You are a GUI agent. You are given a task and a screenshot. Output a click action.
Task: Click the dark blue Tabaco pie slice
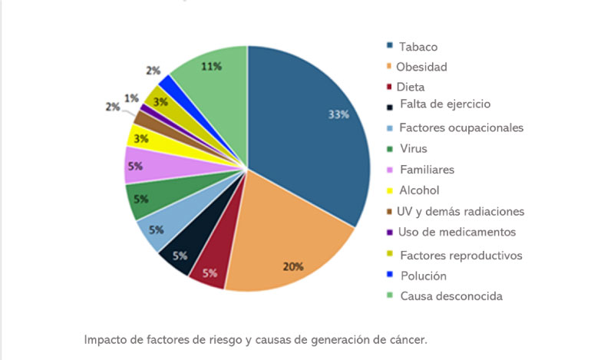tap(307, 130)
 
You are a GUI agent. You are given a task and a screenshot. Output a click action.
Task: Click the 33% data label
tap(338, 115)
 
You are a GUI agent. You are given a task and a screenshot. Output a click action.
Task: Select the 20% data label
tap(292, 266)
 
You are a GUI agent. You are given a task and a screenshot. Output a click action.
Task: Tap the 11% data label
tap(212, 67)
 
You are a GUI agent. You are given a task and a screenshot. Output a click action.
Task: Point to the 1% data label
tap(131, 98)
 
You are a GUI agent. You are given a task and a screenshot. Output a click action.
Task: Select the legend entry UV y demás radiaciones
tap(460, 211)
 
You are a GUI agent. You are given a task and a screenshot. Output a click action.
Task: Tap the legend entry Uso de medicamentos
tap(457, 232)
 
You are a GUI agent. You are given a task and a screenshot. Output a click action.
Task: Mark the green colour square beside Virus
tap(389, 148)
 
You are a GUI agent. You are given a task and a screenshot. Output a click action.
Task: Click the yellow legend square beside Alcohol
tap(389, 190)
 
